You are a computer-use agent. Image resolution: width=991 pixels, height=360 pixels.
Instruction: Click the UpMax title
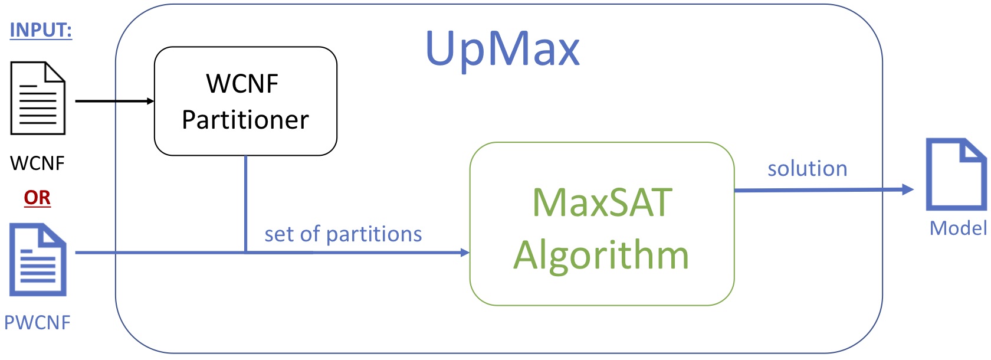coord(502,48)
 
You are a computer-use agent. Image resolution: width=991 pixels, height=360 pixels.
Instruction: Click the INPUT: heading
coord(41,30)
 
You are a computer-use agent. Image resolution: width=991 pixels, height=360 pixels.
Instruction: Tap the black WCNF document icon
coord(38,99)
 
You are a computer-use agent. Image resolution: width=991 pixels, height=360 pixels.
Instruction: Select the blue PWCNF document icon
coord(38,260)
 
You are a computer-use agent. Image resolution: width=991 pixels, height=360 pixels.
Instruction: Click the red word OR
coord(37,198)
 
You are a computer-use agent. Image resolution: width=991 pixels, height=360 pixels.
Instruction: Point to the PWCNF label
coord(37,322)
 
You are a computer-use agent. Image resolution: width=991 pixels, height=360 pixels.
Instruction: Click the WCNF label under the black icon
coord(37,163)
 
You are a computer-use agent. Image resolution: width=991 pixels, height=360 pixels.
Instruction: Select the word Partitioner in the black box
coord(245,120)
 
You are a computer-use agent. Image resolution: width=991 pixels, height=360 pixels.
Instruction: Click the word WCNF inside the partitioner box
coord(242,83)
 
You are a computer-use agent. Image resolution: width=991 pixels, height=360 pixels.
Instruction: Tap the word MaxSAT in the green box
coord(602,202)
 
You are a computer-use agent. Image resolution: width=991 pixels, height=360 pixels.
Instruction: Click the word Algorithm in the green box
coord(601,255)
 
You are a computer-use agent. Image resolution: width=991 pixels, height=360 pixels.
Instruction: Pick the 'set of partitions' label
coord(343,234)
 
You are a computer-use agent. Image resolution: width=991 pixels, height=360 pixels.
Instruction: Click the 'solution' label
coord(807,169)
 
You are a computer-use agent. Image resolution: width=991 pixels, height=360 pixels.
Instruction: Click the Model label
coord(958,228)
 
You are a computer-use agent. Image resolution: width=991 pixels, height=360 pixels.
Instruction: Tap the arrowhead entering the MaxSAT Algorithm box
coord(464,253)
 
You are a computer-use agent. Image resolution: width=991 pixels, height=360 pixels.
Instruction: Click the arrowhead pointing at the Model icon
coord(908,189)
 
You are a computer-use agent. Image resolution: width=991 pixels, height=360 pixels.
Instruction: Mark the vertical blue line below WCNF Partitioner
coord(245,204)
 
